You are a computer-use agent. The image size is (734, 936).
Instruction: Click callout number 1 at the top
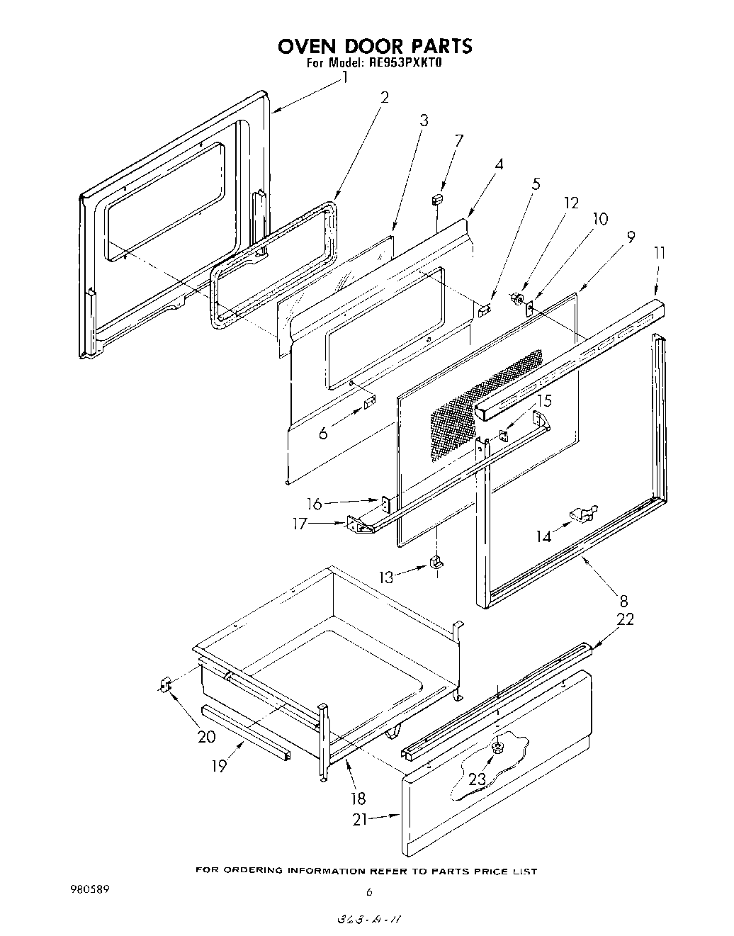click(345, 77)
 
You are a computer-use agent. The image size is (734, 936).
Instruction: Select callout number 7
click(459, 140)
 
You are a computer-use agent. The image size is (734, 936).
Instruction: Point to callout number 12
click(571, 203)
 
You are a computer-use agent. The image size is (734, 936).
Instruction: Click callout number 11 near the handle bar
click(660, 252)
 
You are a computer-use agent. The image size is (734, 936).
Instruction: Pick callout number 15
click(543, 401)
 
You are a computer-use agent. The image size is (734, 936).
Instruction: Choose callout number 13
click(385, 577)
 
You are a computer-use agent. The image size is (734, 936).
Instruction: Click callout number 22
click(625, 619)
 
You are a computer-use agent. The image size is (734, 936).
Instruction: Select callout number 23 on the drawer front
click(477, 779)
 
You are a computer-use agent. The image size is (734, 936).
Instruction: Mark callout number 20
click(206, 736)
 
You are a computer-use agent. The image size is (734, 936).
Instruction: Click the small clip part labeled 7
click(438, 200)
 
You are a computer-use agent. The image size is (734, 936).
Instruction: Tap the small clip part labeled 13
click(436, 563)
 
